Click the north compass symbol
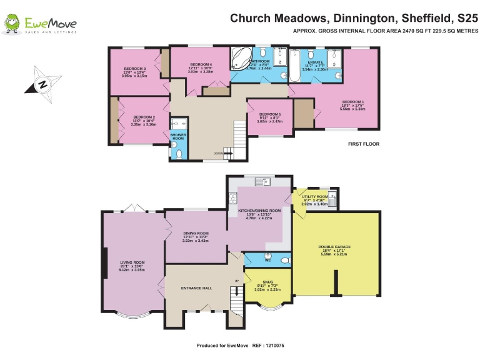point(42,84)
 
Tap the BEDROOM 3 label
point(135,69)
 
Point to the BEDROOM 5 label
point(270,114)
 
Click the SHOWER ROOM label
point(178,136)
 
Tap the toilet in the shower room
point(178,153)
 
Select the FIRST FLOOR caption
point(363,144)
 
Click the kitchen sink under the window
point(261,182)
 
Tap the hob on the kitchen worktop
point(233,199)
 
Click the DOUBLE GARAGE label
point(335,247)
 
